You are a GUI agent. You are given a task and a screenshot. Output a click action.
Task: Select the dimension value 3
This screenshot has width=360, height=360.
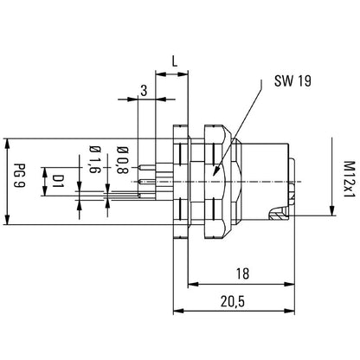143,89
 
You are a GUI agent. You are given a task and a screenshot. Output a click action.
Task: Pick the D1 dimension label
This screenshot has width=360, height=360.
59,180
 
